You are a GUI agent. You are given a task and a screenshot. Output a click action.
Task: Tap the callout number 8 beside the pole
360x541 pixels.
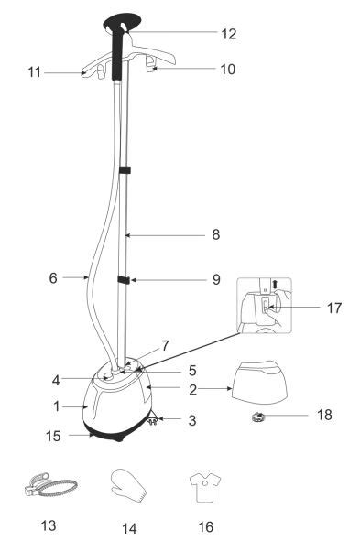coord(216,235)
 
